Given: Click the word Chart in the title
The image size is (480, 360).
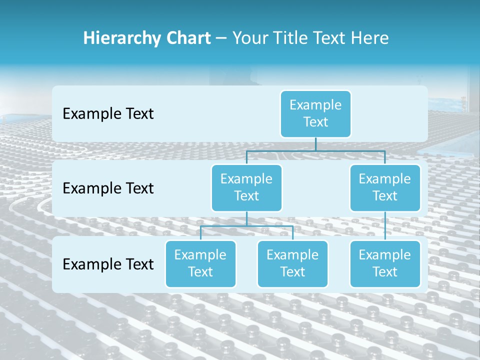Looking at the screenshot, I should click(187, 38).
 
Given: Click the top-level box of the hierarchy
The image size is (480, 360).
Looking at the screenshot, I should click(315, 113).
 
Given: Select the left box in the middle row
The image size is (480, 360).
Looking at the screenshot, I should click(246, 187).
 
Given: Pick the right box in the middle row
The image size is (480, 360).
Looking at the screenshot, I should click(385, 187).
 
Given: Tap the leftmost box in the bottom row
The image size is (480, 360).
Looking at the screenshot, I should click(200, 263).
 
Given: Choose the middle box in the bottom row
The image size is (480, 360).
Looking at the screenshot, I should click(292, 263).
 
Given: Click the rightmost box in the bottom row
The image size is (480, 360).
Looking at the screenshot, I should click(385, 263).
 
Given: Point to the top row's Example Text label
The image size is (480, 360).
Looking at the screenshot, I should click(108, 113).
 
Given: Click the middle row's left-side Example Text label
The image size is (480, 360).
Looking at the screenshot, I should click(108, 188).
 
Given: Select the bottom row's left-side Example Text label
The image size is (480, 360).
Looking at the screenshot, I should click(108, 264).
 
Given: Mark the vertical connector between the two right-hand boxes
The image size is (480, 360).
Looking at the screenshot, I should click(385, 226).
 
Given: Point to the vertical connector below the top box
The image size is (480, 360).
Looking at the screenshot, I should click(315, 144).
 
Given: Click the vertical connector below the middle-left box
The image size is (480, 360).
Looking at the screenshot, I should click(246, 218).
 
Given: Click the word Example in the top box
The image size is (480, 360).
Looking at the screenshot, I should click(315, 105).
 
